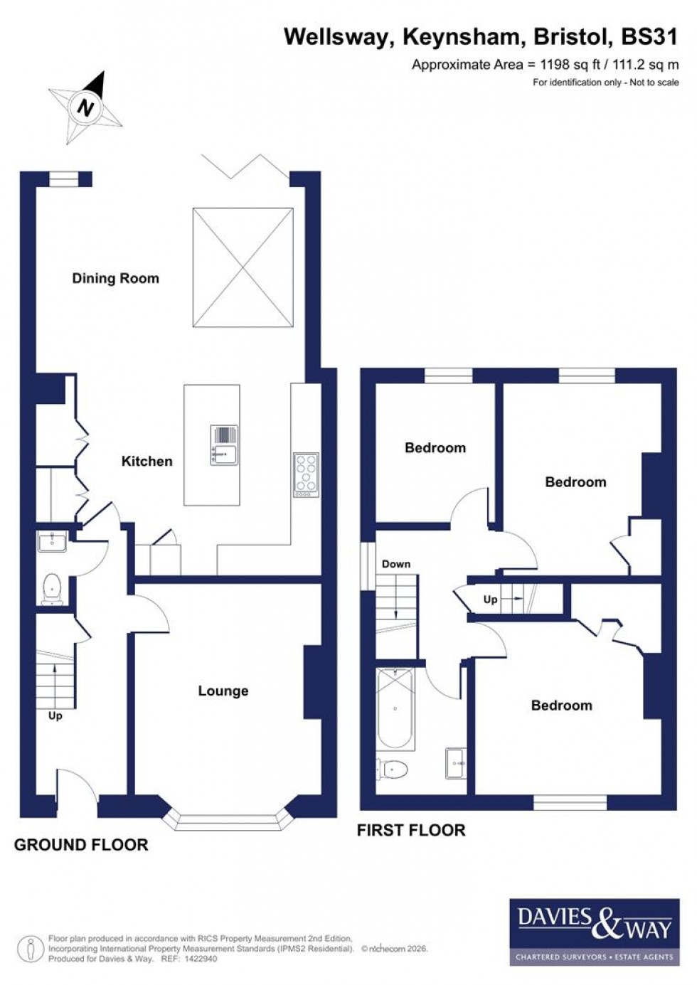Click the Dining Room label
[x=115, y=278]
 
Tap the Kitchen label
[x=147, y=461]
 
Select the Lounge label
[x=223, y=691]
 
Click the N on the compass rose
[x=86, y=109]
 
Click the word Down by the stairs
[x=396, y=564]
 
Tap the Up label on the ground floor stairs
[x=55, y=715]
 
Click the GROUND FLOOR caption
[x=81, y=845]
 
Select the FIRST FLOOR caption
[x=411, y=830]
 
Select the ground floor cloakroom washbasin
[x=52, y=543]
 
